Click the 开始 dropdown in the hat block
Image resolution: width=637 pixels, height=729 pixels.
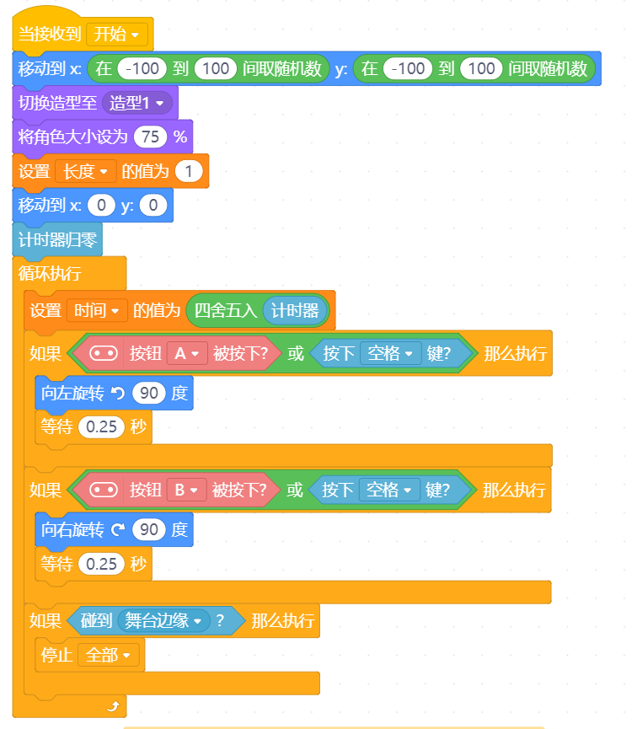[117, 34]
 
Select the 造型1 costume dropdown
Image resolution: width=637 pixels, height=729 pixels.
[136, 103]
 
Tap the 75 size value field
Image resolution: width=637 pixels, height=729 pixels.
[150, 137]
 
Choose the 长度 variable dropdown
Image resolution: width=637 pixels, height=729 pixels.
[85, 172]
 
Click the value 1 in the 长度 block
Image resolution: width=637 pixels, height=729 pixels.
[189, 172]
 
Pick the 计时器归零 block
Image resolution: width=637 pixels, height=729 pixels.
[57, 240]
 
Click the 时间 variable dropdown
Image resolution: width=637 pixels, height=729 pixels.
[97, 310]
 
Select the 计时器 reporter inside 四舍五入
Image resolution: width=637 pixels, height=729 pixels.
[295, 310]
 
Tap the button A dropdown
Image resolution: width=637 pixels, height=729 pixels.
[187, 354]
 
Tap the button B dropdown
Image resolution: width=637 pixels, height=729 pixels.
[186, 490]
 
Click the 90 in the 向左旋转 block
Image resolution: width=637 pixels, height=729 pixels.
[149, 394]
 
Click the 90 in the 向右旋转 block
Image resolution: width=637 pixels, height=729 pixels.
[149, 529]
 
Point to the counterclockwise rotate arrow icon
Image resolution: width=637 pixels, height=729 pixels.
[118, 394]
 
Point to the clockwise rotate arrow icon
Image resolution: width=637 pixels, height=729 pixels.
[118, 529]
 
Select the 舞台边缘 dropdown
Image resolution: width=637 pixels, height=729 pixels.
[163, 620]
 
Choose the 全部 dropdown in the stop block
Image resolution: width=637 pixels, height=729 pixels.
[108, 655]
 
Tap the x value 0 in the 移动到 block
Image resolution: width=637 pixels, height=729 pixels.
[101, 205]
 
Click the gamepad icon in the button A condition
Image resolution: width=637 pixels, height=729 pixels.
[104, 354]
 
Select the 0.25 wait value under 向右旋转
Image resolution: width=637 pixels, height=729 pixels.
[101, 564]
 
